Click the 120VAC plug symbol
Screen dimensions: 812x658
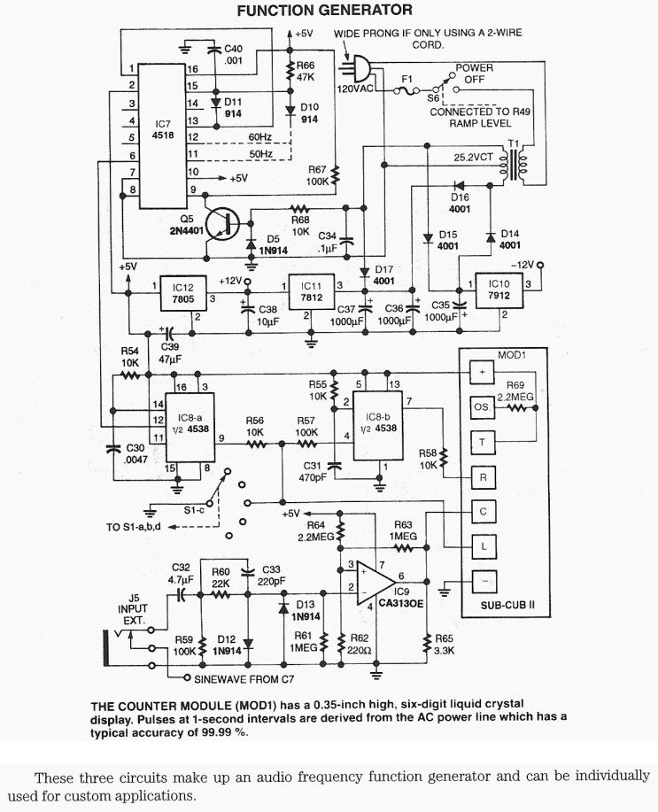point(356,68)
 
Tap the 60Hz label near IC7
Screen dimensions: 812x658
point(261,137)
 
